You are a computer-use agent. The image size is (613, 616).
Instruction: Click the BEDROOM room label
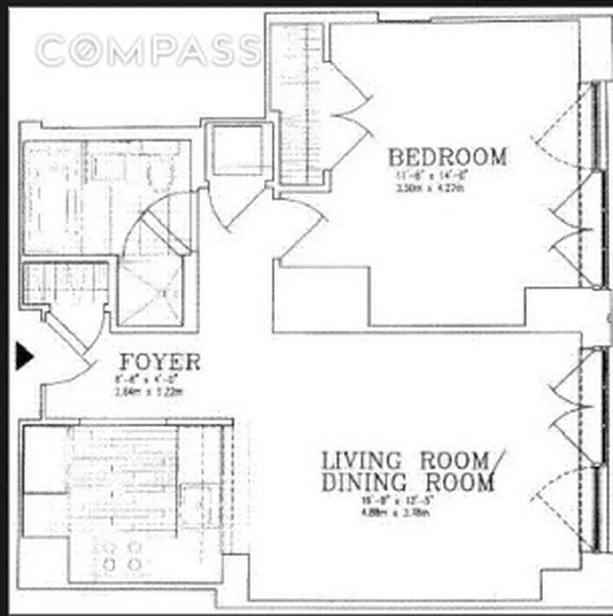(x=447, y=157)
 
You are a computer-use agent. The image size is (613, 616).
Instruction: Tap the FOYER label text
(x=160, y=362)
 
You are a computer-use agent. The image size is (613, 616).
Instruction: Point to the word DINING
(x=365, y=484)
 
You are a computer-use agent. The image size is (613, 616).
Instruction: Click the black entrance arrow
(x=25, y=357)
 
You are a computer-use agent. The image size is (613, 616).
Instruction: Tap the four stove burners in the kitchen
(x=122, y=557)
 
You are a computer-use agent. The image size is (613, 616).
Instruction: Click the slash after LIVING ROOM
(x=498, y=462)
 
